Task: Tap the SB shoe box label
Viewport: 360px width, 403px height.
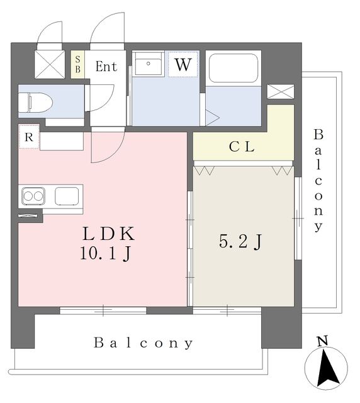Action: click(77, 64)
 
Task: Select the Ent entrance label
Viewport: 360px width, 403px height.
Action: click(106, 66)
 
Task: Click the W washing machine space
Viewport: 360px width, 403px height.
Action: click(183, 64)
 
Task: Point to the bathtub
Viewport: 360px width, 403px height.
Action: click(233, 68)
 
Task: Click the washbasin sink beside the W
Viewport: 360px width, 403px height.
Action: click(149, 64)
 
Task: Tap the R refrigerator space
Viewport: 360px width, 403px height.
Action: click(29, 137)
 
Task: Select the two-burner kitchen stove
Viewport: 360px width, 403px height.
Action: click(33, 196)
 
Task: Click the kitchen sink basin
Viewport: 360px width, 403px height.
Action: click(67, 196)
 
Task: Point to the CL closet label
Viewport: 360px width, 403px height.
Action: click(242, 147)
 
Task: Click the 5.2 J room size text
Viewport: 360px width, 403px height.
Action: click(240, 241)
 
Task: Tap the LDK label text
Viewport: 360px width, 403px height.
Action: click(109, 234)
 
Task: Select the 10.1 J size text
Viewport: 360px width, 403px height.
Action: click(106, 253)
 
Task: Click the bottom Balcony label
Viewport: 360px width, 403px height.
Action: click(143, 343)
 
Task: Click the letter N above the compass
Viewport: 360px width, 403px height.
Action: click(323, 341)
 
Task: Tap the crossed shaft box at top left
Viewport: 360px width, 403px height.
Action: click(50, 64)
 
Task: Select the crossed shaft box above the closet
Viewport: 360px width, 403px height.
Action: click(281, 91)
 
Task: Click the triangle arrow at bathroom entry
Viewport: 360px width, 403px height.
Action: click(212, 118)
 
